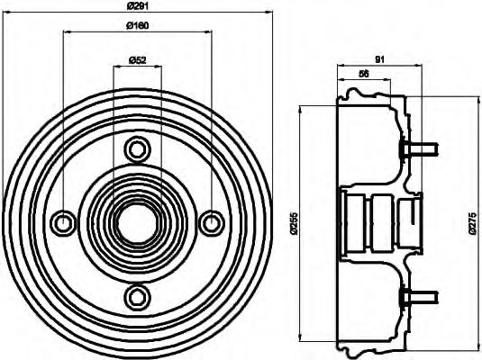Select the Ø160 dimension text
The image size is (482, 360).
tap(136, 24)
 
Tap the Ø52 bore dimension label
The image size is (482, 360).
tap(137, 60)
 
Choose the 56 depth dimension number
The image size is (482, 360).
tap(363, 74)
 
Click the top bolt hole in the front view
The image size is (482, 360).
tap(137, 148)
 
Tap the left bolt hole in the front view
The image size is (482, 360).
tap(63, 221)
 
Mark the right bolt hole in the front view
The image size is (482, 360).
tap(211, 221)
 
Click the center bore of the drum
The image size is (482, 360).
tap(137, 221)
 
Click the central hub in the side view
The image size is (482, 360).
tap(378, 221)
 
